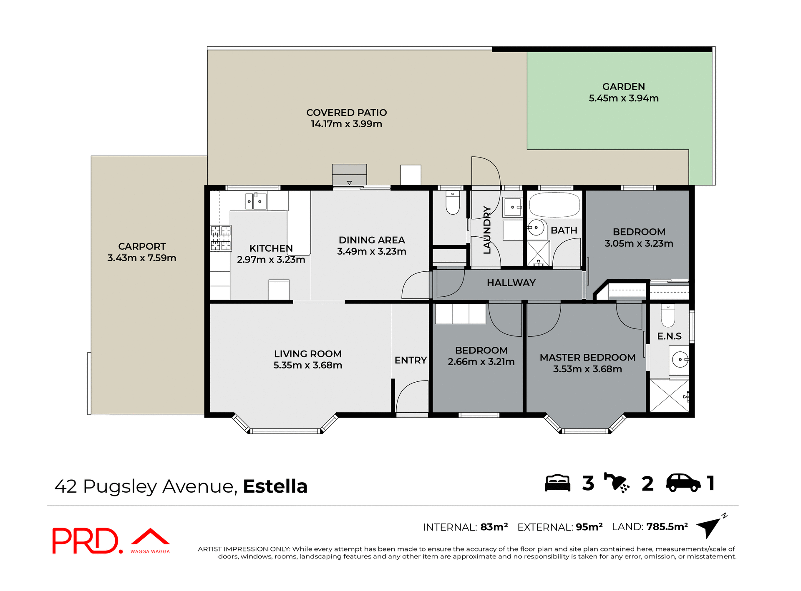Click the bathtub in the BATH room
[554, 205]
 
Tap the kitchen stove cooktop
[220, 238]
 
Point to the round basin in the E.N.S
[680, 359]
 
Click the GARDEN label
[623, 87]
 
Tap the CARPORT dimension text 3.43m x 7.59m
[142, 258]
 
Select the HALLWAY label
[511, 283]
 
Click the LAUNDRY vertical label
[487, 230]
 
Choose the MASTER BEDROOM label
[587, 358]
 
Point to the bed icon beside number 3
[557, 483]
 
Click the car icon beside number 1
[683, 483]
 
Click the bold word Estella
[275, 486]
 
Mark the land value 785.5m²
[667, 527]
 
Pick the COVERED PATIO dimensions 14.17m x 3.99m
[346, 124]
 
